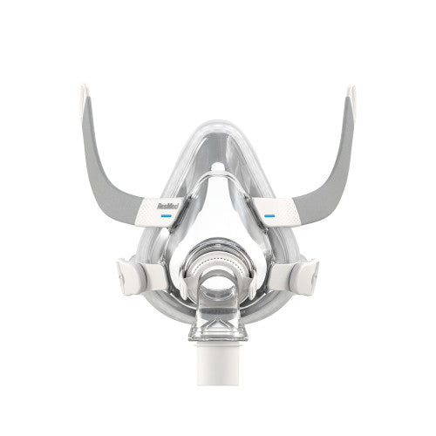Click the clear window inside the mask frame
coord(218,214)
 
